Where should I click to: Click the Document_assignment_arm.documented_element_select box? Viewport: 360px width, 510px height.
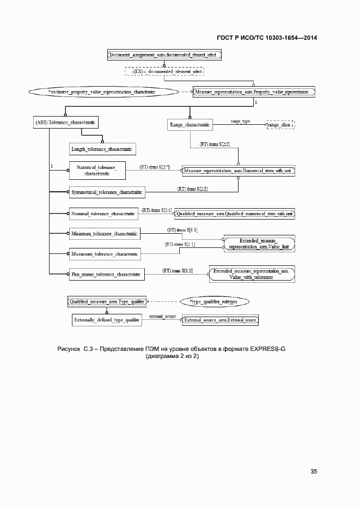pos(164,55)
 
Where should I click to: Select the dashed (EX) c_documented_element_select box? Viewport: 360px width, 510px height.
pos(164,71)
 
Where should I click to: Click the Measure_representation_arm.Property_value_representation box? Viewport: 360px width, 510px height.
pos(254,92)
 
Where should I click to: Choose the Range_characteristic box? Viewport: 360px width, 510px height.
pos(190,125)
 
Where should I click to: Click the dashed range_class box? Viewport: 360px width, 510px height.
pos(279,125)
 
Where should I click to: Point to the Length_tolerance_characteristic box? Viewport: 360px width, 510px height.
pos(102,149)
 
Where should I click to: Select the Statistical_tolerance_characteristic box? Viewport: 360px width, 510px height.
pos(97,171)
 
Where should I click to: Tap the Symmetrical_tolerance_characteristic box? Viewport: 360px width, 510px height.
pos(107,192)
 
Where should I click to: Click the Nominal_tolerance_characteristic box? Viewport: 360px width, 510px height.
pos(103,214)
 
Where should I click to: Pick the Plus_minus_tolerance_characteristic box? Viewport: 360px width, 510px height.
pos(106,275)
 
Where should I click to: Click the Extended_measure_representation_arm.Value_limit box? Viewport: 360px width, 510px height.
pos(259,244)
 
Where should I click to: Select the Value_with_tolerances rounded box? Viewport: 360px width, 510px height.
pos(252,274)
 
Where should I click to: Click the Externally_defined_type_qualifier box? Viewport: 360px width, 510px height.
pos(107,320)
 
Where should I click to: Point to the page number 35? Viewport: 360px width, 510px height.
pos(314,471)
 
